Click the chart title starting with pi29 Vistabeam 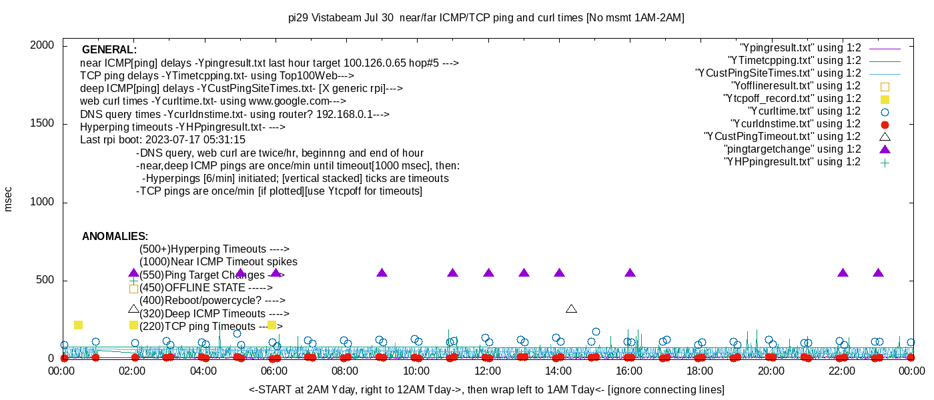coord(486,18)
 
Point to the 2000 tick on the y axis coord(42,45)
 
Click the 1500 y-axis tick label coord(42,123)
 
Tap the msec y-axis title coord(7,199)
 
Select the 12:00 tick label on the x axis coord(488,371)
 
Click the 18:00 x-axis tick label coord(700,371)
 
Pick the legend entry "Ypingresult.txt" coord(800,48)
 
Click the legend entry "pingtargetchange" coord(793,149)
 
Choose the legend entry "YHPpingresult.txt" coord(793,161)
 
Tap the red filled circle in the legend coord(885,125)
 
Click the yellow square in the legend coord(885,99)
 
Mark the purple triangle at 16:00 coord(630,273)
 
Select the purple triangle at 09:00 coord(382,273)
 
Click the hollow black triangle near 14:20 coord(571,309)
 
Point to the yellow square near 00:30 coord(79,325)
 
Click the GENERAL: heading coord(109,49)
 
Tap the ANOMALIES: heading coord(115,236)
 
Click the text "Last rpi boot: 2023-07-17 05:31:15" coord(163,139)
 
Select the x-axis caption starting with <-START coord(486,389)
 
